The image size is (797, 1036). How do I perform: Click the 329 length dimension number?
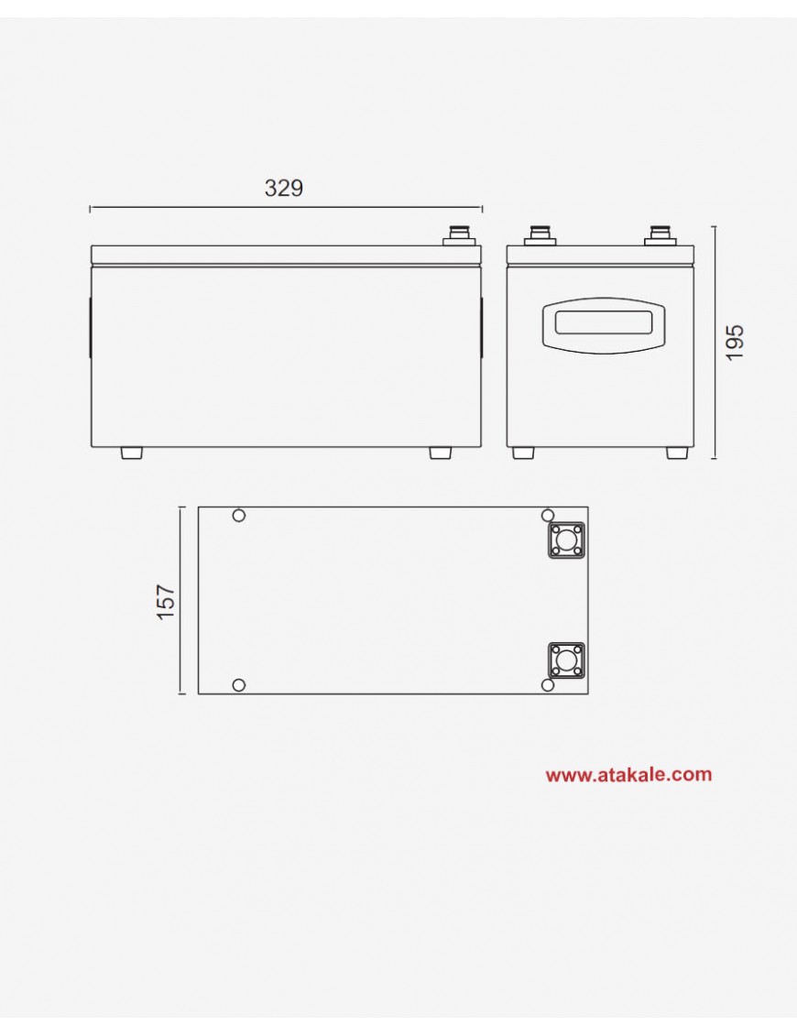(283, 189)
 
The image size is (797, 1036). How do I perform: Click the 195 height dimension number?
(735, 343)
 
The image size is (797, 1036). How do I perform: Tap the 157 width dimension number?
(166, 601)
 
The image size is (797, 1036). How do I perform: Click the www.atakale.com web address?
(628, 774)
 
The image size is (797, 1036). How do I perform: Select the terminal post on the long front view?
(460, 236)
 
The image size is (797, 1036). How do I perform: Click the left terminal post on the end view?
(540, 236)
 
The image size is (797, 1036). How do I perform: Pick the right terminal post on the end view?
(661, 236)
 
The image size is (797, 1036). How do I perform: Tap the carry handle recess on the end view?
(603, 324)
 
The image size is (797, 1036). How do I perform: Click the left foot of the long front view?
(132, 453)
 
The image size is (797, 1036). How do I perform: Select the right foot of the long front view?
(440, 453)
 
